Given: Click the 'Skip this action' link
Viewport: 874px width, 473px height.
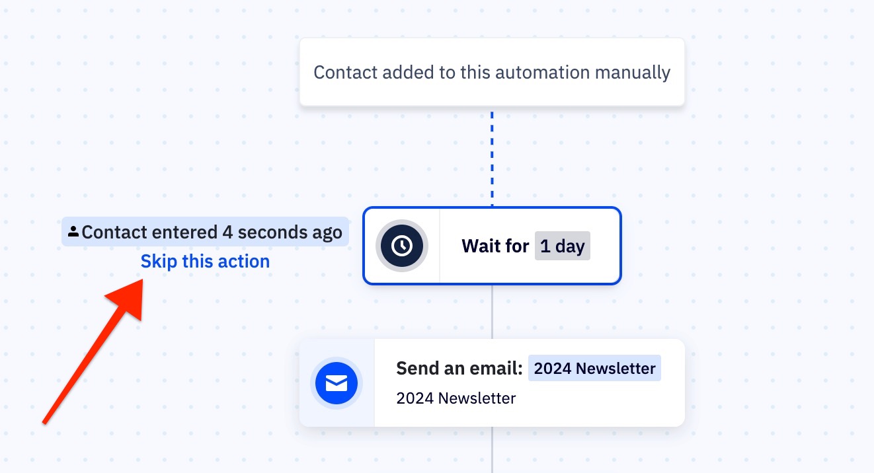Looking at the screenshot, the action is [x=205, y=261].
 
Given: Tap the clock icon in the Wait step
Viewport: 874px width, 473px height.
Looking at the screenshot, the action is [x=402, y=246].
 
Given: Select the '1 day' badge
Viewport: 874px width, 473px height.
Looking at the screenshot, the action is [x=562, y=246].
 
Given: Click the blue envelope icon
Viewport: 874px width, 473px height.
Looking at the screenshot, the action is [x=337, y=383].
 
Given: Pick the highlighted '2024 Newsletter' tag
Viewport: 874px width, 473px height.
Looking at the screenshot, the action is [x=594, y=368].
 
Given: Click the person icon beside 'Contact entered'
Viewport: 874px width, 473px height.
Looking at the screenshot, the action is [x=73, y=231].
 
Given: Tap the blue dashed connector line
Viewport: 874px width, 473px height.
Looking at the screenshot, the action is [x=492, y=159].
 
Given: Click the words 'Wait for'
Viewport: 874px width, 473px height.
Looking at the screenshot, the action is [x=495, y=246].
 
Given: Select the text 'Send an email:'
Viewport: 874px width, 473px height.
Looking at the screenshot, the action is [x=459, y=368].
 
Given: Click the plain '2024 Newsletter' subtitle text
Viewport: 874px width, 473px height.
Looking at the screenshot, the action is [x=456, y=398].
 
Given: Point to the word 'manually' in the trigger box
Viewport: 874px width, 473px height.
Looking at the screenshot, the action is [x=633, y=73].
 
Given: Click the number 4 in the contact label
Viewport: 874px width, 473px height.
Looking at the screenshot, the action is [x=227, y=233].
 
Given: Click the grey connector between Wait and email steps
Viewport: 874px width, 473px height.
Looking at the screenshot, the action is [x=492, y=312].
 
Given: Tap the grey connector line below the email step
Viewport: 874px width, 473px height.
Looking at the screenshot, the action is [x=492, y=450].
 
